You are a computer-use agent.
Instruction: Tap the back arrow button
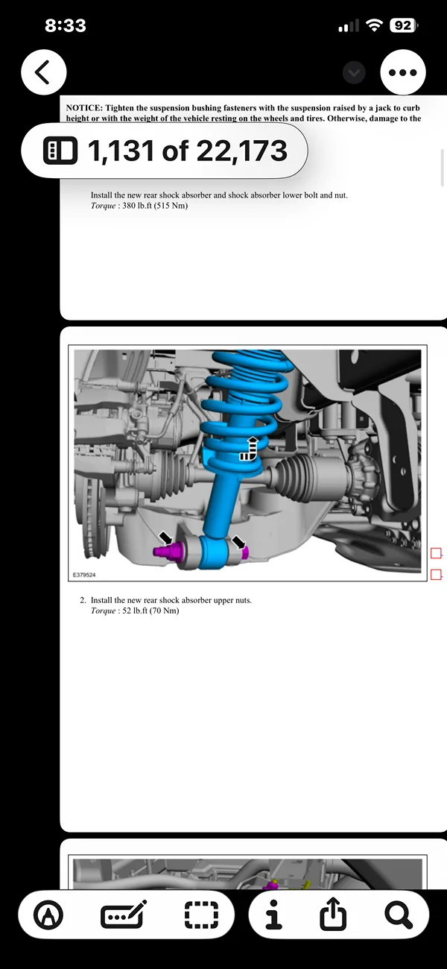(x=44, y=72)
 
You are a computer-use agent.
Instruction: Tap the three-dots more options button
(x=403, y=72)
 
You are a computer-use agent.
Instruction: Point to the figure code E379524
(x=84, y=575)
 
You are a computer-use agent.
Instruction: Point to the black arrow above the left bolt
(x=165, y=535)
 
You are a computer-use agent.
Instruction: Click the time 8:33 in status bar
(x=65, y=25)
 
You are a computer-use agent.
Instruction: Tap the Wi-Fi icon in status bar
(x=372, y=25)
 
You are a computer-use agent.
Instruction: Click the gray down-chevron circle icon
(x=355, y=72)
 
